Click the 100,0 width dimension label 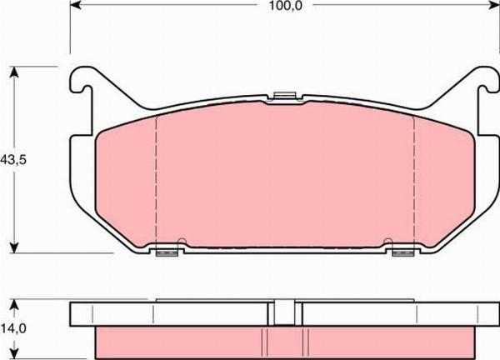click(x=285, y=6)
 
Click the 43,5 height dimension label click(x=13, y=159)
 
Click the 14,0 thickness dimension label click(x=13, y=327)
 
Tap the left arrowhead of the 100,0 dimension click(x=76, y=4)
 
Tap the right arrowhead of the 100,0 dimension click(x=493, y=4)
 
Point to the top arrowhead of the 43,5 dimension click(x=13, y=72)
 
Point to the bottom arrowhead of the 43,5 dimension click(x=13, y=247)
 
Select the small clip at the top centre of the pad click(x=284, y=97)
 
